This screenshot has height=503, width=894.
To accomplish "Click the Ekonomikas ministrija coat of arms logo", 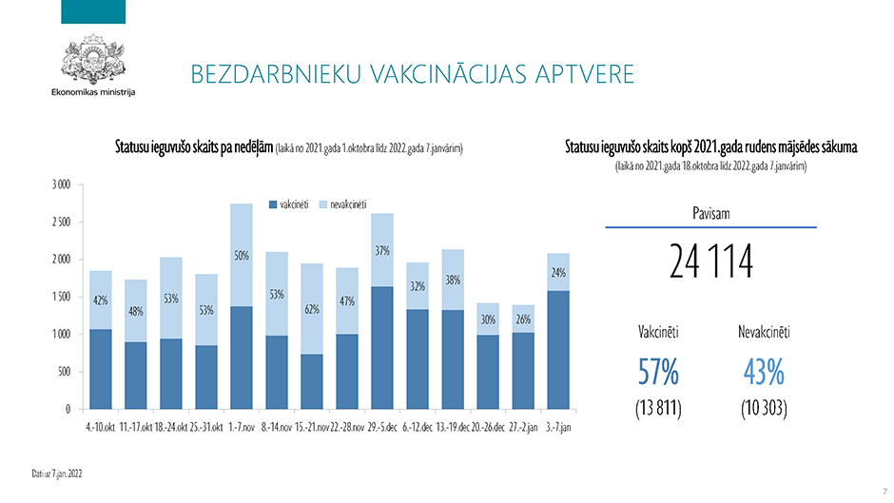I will [93, 60].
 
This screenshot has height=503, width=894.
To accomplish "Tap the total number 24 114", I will [710, 262].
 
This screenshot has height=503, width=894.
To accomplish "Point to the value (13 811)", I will [658, 409].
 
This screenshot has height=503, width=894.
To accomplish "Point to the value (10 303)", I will [763, 409].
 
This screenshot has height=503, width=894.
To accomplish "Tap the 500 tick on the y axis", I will [64, 372].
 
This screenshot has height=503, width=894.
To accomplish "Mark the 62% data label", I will [311, 309].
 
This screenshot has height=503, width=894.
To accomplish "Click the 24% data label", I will [559, 273].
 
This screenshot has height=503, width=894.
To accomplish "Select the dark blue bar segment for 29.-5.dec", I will [382, 347].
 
